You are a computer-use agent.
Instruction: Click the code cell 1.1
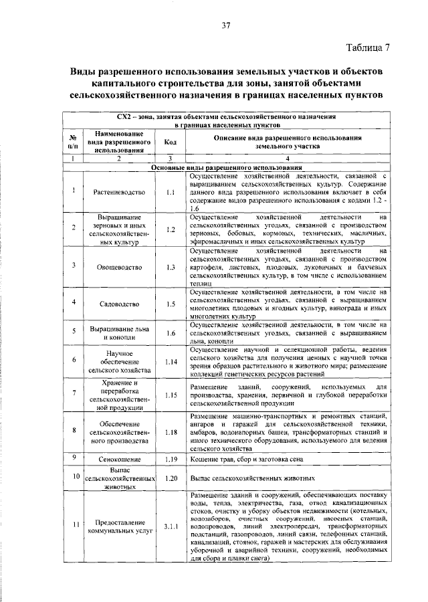(171, 193)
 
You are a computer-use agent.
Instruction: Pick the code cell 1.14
(171, 361)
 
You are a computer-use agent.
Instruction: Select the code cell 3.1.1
(171, 526)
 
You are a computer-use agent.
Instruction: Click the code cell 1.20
(171, 478)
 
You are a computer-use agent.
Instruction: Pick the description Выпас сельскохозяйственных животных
(253, 479)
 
